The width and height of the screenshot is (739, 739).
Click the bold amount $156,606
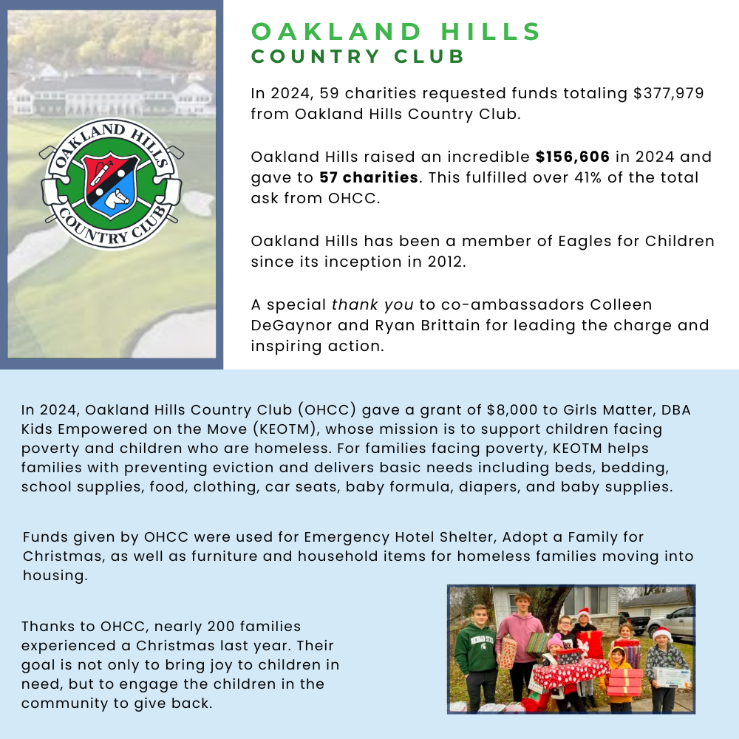tap(573, 157)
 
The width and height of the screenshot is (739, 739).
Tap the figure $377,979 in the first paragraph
tap(669, 94)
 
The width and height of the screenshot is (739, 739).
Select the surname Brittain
tap(450, 325)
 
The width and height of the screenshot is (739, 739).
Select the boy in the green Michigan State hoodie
tap(476, 650)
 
